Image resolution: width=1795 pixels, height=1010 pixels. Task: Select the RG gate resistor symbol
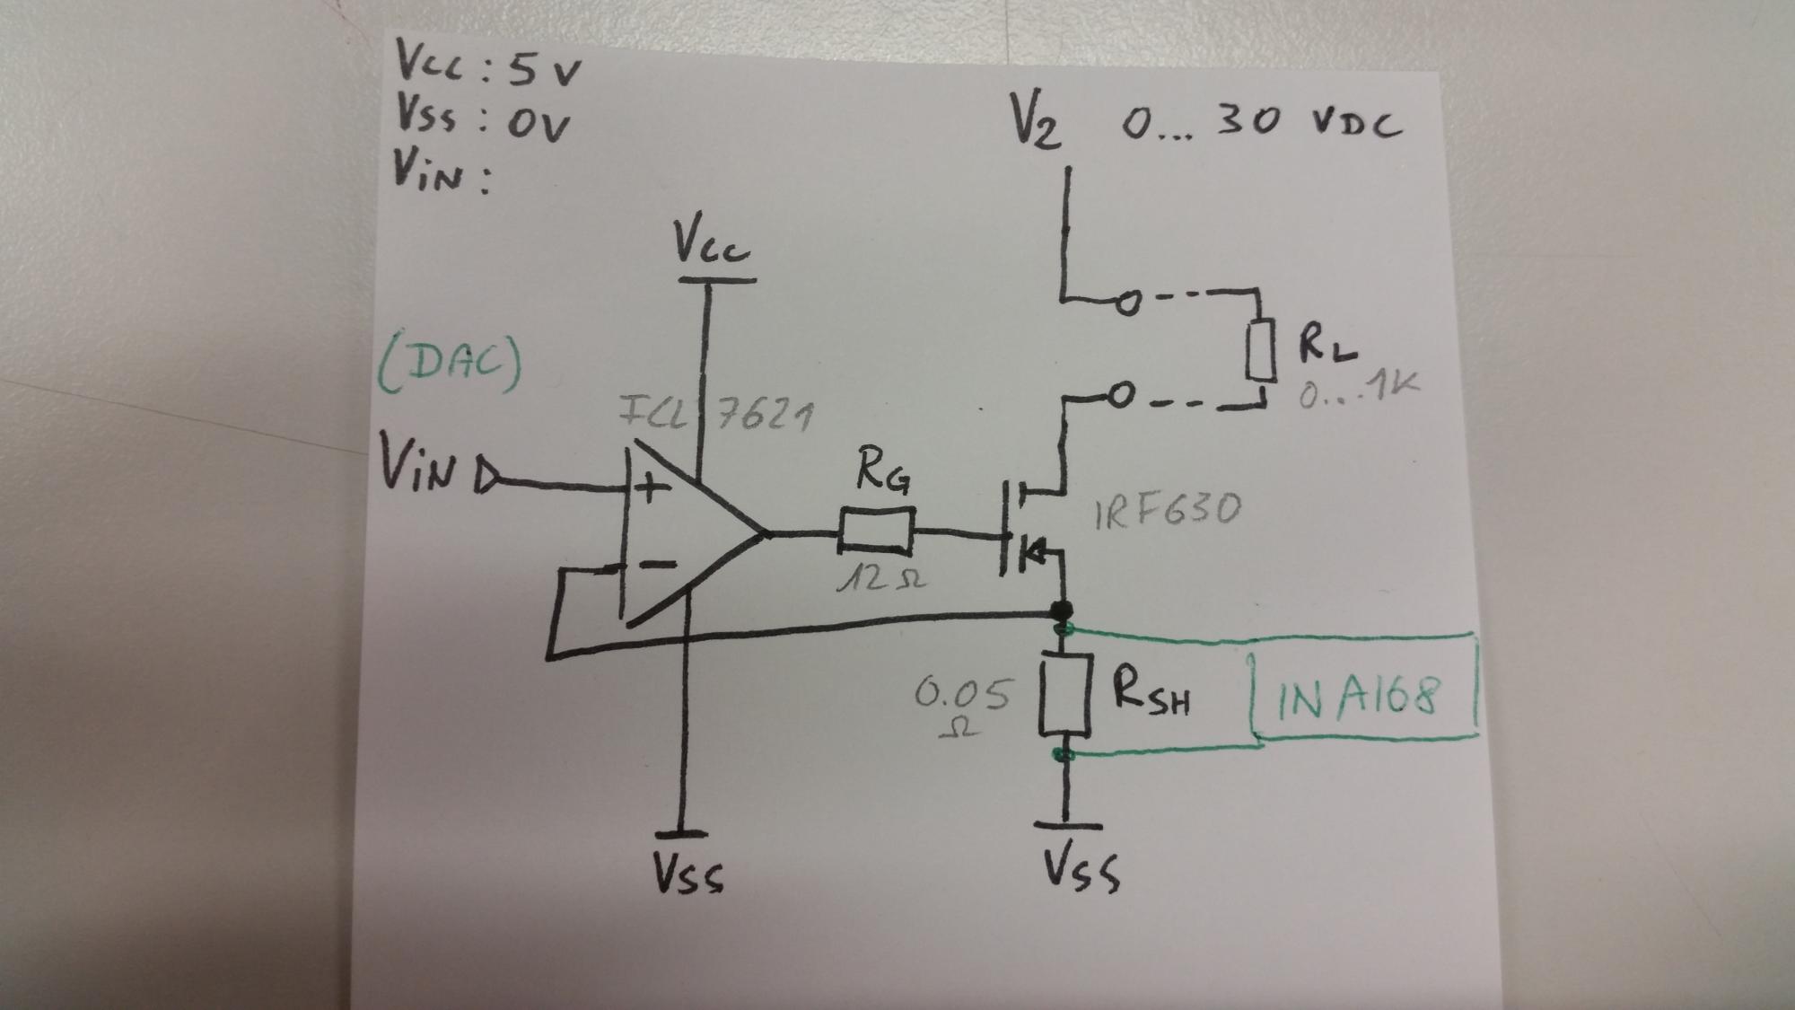[877, 531]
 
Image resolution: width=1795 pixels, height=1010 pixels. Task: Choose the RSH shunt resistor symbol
[1065, 695]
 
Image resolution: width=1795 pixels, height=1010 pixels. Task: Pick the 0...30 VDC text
[1261, 122]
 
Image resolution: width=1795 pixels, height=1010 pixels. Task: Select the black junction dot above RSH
[1062, 611]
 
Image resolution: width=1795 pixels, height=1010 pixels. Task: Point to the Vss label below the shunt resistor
[1081, 868]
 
